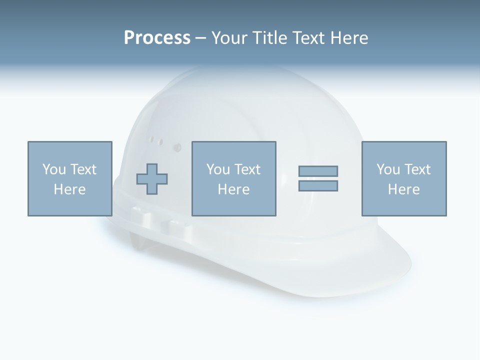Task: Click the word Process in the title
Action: [x=157, y=38]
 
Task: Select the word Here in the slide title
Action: [x=348, y=38]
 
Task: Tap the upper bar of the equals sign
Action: [x=318, y=171]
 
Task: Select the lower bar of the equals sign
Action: [x=318, y=185]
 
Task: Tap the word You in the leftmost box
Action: [x=54, y=169]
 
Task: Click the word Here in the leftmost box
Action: [x=70, y=189]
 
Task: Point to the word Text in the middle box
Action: [x=247, y=169]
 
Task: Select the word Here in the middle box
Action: [x=234, y=189]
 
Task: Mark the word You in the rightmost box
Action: [x=388, y=169]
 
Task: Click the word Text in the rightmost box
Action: [x=417, y=169]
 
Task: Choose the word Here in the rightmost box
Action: [x=404, y=189]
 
